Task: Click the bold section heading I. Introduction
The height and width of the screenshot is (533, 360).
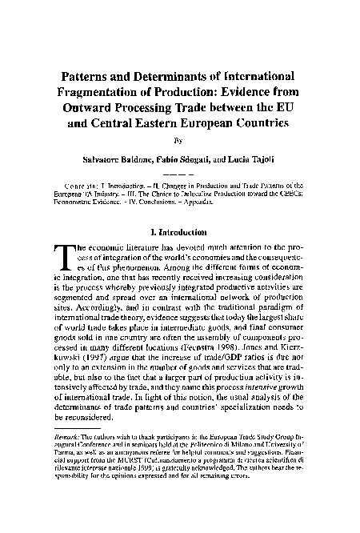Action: coord(181,232)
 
